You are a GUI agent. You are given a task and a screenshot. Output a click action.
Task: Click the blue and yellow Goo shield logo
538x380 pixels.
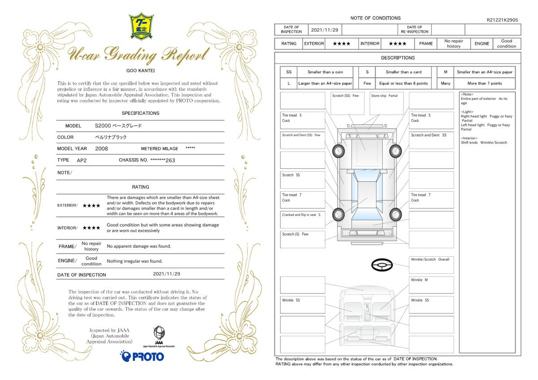[x=141, y=26]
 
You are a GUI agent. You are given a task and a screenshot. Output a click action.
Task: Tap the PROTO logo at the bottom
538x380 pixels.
[x=142, y=356]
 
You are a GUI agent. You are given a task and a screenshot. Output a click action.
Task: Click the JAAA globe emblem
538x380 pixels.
[x=159, y=332]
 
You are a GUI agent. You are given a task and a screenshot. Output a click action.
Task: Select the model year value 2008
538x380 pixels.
[x=101, y=149]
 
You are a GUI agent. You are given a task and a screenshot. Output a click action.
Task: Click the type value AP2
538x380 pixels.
[x=82, y=160]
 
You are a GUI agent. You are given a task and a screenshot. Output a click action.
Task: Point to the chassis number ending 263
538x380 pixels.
[x=163, y=160]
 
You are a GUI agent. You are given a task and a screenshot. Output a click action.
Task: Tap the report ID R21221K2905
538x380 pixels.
[x=502, y=20]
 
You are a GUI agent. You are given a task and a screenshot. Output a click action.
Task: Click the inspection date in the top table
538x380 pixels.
[x=325, y=30]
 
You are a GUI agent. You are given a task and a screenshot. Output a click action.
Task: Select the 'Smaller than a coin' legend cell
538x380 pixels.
[x=325, y=72]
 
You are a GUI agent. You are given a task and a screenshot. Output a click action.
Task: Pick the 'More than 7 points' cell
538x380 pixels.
[x=485, y=83]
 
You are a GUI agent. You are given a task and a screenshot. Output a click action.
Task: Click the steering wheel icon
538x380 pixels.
[x=382, y=265]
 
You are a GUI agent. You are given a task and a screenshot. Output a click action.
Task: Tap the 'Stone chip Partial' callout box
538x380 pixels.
[x=386, y=103]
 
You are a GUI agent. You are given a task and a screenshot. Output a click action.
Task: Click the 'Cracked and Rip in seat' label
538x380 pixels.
[x=299, y=215]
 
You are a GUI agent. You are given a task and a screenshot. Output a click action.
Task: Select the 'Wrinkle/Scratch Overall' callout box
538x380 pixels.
[x=431, y=265]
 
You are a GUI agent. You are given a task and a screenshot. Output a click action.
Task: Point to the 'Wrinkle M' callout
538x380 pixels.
[x=431, y=285]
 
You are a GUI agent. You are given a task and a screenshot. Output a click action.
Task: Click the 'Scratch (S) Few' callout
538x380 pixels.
[x=302, y=239]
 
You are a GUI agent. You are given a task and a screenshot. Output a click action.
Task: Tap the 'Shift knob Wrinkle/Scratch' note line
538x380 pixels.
[x=484, y=142]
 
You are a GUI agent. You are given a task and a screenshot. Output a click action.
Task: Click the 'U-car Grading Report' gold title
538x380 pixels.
[x=139, y=55]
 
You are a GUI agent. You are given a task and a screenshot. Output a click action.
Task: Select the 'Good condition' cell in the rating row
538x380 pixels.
[x=507, y=43]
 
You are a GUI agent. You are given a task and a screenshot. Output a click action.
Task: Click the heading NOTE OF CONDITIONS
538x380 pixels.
[x=375, y=18]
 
